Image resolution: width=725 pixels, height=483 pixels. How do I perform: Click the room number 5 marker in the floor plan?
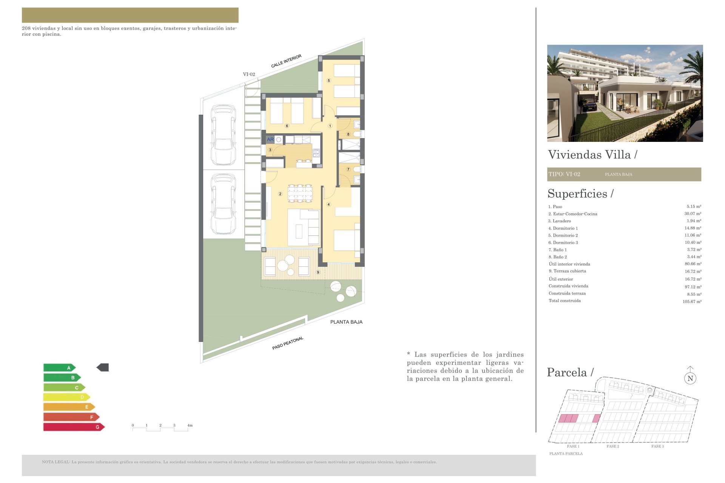click(x=329, y=80)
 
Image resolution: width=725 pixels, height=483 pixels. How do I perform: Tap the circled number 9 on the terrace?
click(x=318, y=272)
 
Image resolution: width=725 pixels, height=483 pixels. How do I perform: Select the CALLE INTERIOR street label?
click(x=286, y=61)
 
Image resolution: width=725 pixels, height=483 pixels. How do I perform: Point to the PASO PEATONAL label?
click(x=288, y=343)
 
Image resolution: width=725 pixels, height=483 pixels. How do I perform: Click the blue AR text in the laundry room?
click(x=270, y=139)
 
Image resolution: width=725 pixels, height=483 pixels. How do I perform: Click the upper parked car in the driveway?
click(x=224, y=135)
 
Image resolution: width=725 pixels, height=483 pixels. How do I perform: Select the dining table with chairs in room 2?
click(x=300, y=193)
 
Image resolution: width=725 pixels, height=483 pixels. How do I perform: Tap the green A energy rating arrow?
click(x=60, y=368)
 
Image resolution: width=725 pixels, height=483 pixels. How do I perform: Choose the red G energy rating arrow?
click(x=74, y=427)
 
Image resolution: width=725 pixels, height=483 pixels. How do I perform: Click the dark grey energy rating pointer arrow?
click(x=103, y=367)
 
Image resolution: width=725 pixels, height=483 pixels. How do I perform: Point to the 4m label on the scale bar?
click(x=190, y=425)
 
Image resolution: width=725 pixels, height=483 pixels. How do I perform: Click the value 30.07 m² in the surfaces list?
click(x=693, y=214)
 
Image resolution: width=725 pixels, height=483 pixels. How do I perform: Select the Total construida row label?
click(x=565, y=301)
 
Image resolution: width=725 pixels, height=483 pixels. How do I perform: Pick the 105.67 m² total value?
click(x=692, y=301)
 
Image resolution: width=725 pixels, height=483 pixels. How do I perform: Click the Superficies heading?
click(x=580, y=194)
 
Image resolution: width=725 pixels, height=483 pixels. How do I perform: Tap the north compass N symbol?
click(x=690, y=378)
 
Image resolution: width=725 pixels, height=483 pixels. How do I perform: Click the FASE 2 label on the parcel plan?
click(x=613, y=446)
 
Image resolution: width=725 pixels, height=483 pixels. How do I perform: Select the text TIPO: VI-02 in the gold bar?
click(x=564, y=174)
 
